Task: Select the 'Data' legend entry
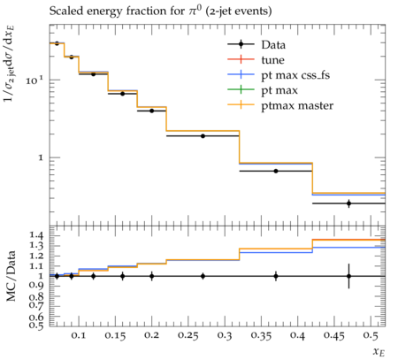tap(256, 45)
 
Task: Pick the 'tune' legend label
tap(272, 60)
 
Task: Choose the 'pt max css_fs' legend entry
tap(279, 75)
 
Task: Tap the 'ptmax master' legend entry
tap(280, 105)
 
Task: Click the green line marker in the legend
tap(241, 89)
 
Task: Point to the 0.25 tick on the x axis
tap(188, 336)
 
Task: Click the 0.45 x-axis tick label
tap(334, 336)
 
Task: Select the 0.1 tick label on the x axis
tap(79, 336)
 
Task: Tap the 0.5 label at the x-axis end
tap(371, 336)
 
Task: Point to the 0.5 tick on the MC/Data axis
tap(37, 325)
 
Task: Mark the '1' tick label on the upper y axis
tap(41, 157)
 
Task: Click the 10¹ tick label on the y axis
tap(34, 80)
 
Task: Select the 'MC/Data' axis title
tap(11, 276)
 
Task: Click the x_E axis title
tap(379, 352)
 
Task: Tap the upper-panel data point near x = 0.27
tap(203, 136)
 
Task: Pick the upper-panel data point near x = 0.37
tap(276, 171)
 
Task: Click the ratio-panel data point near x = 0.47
tap(349, 276)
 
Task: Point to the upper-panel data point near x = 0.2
tap(152, 111)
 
